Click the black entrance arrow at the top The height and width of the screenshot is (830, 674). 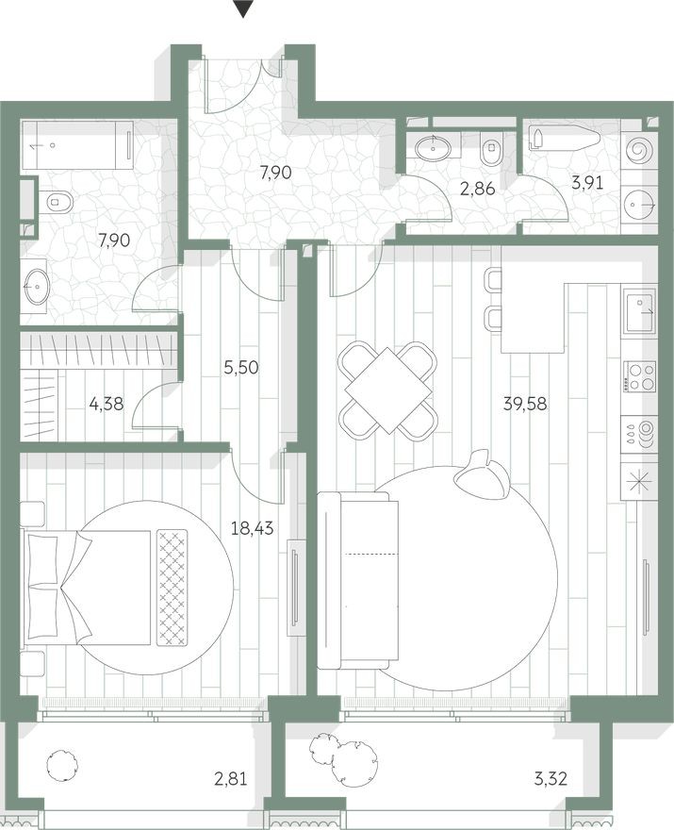coord(244,9)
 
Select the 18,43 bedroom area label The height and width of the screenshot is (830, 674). coord(252,530)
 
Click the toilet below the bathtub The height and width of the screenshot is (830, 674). coord(58,201)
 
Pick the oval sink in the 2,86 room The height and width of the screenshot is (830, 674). coord(434,147)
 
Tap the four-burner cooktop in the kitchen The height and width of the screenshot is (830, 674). coord(640,377)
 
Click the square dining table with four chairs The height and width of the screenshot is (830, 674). coord(388,390)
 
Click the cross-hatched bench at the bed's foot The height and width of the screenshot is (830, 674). coord(173,587)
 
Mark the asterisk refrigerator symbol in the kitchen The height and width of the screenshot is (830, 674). coord(640,481)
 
